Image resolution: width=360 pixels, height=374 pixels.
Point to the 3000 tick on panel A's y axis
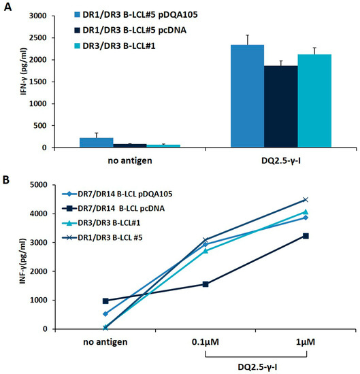pyautogui.click(x=58, y=16)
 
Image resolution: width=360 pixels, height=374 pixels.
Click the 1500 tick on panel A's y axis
pyautogui.click(x=58, y=82)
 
